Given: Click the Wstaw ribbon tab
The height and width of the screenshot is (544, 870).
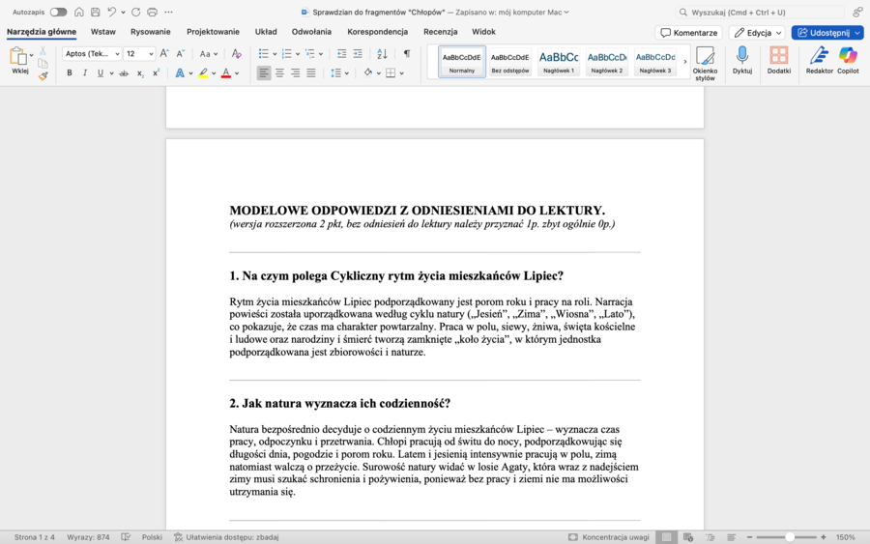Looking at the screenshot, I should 103,32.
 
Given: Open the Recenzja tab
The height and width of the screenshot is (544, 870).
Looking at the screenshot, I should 440,32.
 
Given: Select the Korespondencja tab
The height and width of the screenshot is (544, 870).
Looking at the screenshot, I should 378,32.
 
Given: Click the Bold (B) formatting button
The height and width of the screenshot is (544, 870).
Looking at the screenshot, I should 70,73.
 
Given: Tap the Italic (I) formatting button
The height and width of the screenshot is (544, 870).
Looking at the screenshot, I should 85,73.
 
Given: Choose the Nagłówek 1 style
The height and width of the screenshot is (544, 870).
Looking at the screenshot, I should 559,61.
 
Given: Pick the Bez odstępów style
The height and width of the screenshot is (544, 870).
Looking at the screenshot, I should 510,61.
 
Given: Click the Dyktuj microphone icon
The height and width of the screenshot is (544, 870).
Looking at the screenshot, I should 742,60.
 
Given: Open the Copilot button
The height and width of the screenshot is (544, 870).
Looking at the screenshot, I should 848,60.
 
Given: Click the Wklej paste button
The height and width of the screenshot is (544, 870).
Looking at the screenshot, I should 19,60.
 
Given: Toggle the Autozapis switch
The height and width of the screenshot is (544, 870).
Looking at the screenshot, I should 58,12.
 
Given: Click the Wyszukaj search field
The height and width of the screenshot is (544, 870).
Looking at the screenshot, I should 764,12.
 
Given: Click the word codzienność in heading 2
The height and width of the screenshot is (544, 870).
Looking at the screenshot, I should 409,404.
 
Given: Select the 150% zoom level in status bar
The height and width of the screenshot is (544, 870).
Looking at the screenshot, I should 846,537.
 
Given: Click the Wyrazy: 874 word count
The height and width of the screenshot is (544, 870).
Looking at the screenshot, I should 88,537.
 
